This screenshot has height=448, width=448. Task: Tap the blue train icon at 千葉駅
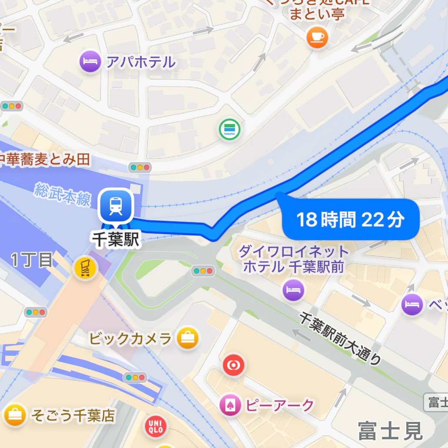coord(115,206)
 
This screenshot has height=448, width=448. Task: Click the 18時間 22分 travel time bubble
coord(351,220)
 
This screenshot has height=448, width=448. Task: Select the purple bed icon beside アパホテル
coord(90,62)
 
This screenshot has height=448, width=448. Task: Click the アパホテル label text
coord(140,62)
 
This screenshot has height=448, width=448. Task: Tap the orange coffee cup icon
coord(317,37)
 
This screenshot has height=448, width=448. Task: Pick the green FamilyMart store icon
coord(229,129)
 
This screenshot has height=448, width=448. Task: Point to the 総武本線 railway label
coord(63,194)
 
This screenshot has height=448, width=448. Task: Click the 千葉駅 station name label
coord(116,240)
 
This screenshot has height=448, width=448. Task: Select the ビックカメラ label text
coord(130,338)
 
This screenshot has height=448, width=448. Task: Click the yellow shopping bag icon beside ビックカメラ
coord(188,338)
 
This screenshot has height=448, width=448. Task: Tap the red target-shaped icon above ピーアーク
coord(234,366)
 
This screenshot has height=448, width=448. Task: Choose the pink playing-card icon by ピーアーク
coord(230,405)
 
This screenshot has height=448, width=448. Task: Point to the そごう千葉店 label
coord(73,416)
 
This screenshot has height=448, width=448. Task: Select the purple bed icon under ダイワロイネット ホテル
coord(293,291)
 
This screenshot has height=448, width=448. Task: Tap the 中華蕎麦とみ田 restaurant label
coord(45,160)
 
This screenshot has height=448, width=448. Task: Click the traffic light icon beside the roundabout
coord(203,271)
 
